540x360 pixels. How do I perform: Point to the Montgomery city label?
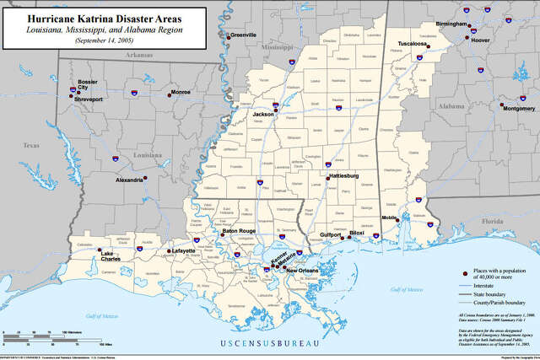(x=518, y=109)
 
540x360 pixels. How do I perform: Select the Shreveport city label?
(x=89, y=99)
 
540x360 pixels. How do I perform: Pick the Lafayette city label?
(x=181, y=250)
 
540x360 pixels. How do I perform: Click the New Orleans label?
(x=301, y=271)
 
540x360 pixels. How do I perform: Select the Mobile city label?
(x=389, y=218)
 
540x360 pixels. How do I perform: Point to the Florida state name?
(x=492, y=221)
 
